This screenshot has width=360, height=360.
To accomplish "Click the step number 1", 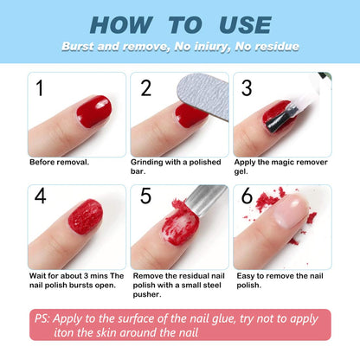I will point(40,88).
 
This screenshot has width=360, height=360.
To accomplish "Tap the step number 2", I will point(146,88).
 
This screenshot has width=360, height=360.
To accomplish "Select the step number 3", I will point(247,88).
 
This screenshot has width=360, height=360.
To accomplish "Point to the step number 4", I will point(41,198).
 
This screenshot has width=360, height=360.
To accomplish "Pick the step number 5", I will point(146,198).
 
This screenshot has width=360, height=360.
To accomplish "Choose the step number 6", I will point(247,198).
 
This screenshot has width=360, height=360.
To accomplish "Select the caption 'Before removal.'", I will point(59,162).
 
